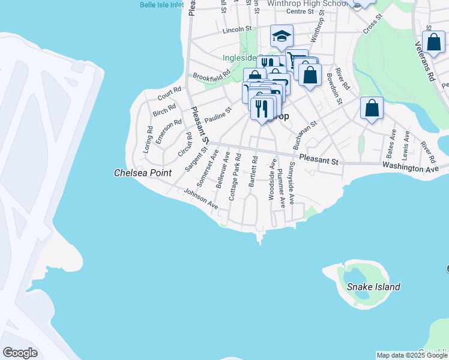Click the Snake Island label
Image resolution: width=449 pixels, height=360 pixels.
click(373, 287)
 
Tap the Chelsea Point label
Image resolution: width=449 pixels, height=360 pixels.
click(143, 173)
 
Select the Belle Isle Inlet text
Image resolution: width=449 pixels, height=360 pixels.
click(161, 5)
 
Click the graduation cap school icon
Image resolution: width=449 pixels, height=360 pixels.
click(281, 37)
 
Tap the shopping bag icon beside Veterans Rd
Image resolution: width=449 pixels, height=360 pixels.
click(433, 43)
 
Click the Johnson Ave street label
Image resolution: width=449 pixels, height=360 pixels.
click(201, 199)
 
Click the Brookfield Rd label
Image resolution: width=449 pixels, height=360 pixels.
click(211, 77)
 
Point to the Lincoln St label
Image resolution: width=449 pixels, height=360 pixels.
click(237, 29)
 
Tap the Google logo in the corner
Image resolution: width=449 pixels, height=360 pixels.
click(20, 352)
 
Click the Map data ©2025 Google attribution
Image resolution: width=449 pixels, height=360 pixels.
click(412, 355)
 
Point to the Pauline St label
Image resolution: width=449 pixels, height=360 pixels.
click(217, 115)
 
